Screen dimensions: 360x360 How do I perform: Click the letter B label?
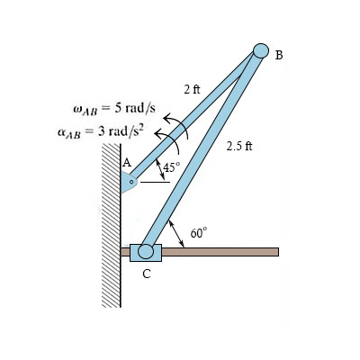click(279, 55)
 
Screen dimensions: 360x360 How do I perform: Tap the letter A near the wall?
click(127, 163)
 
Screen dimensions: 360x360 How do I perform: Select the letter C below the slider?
click(147, 274)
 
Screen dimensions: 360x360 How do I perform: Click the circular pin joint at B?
click(261, 50)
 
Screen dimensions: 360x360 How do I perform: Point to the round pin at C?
click(146, 251)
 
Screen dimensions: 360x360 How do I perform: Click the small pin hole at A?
click(131, 182)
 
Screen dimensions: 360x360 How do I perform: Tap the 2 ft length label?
click(192, 89)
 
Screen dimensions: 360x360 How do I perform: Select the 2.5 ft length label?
click(239, 146)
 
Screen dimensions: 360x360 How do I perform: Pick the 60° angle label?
click(199, 233)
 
